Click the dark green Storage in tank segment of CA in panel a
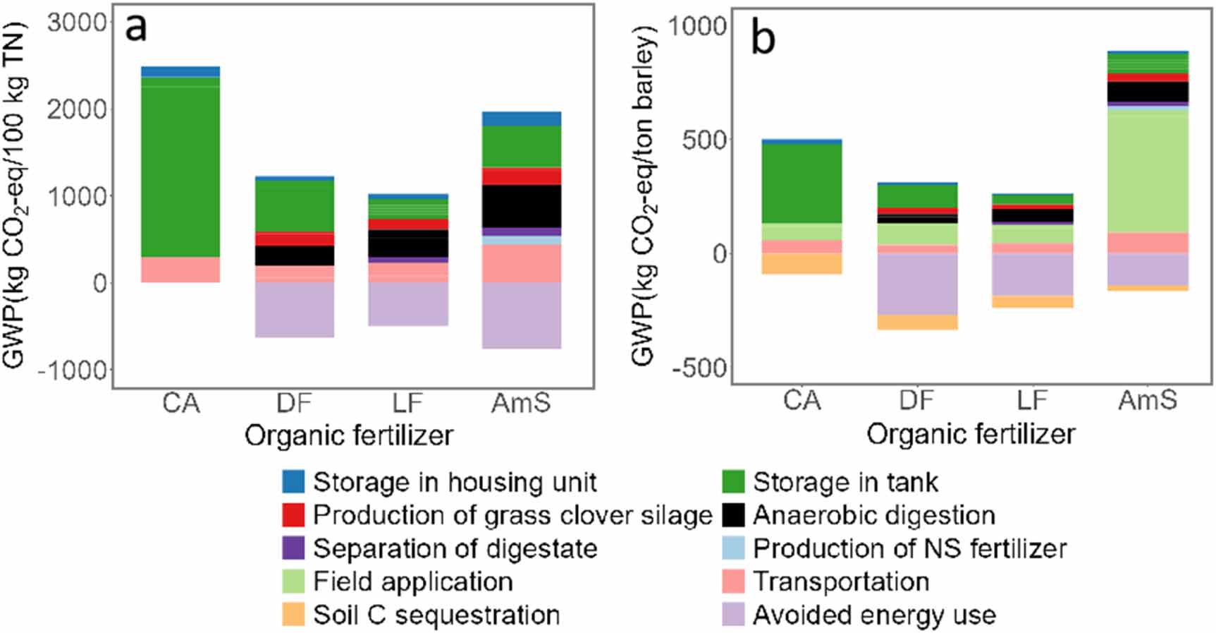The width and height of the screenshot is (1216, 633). tap(180, 169)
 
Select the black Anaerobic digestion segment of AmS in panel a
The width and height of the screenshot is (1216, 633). tap(522, 206)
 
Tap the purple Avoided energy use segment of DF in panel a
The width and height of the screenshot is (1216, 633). tap(295, 309)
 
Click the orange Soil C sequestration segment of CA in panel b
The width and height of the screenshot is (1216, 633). tap(802, 263)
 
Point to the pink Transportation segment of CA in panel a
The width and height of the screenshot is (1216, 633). tap(180, 270)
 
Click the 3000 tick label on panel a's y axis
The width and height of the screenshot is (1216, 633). tap(77, 23)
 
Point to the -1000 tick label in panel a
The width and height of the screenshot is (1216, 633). tap(73, 370)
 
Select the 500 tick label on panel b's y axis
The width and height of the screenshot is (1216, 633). tap(704, 140)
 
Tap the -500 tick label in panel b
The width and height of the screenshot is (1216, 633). tap(699, 368)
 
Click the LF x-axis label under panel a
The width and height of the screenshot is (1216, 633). tap(407, 404)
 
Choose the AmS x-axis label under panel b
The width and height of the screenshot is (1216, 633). tap(1148, 401)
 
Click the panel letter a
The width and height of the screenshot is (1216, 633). tap(136, 28)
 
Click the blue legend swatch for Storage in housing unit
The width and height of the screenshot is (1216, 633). tap(293, 482)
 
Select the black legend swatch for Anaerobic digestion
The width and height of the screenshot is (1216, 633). tap(734, 515)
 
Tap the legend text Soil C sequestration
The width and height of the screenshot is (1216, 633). tap(436, 615)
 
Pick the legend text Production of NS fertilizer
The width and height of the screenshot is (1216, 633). tap(909, 548)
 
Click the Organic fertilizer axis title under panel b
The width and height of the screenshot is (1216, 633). tap(971, 433)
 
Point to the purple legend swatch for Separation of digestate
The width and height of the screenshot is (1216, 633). tap(293, 548)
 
